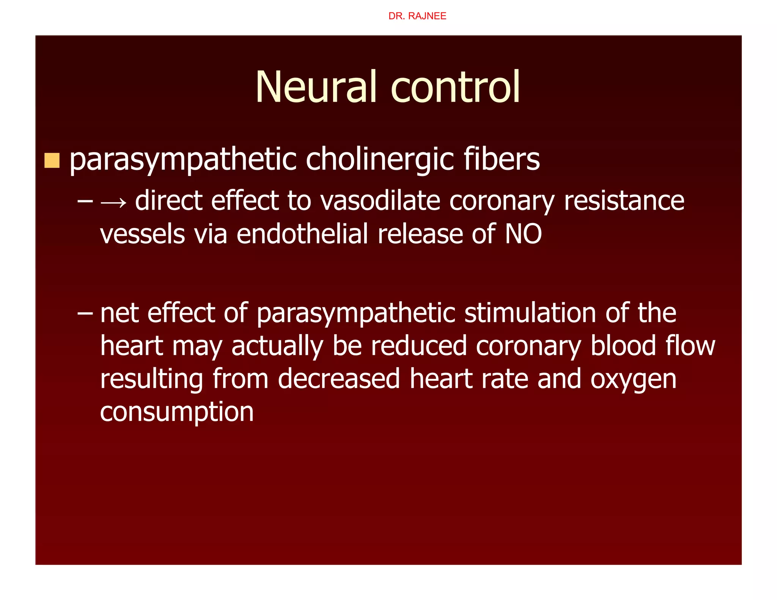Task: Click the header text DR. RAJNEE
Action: click(x=417, y=16)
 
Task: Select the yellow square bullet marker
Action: click(x=52, y=160)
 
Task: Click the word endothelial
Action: click(x=302, y=234)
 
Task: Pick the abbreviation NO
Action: click(x=523, y=234)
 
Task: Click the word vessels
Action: click(x=143, y=234)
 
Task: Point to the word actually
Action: click(x=277, y=346)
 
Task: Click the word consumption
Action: click(x=177, y=413)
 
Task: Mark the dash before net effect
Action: click(x=85, y=313)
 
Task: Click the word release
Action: click(x=420, y=234)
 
